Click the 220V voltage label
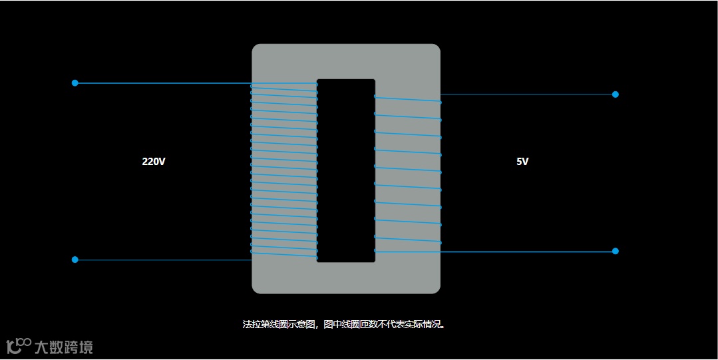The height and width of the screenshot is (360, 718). [153, 161]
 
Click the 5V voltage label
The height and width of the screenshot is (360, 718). [522, 161]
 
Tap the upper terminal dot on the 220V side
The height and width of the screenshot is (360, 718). [75, 83]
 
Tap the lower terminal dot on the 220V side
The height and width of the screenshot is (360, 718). [75, 260]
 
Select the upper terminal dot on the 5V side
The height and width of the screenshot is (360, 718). [615, 94]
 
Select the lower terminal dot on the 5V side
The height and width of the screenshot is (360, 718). [615, 251]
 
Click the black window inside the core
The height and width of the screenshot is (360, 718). [346, 170]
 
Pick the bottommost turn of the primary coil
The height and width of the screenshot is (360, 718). [284, 254]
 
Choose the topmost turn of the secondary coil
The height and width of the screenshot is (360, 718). [407, 99]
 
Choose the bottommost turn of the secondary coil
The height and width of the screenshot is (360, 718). [407, 252]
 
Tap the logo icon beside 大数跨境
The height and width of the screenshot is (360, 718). [19, 345]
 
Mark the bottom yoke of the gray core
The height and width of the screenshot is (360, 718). [346, 278]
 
